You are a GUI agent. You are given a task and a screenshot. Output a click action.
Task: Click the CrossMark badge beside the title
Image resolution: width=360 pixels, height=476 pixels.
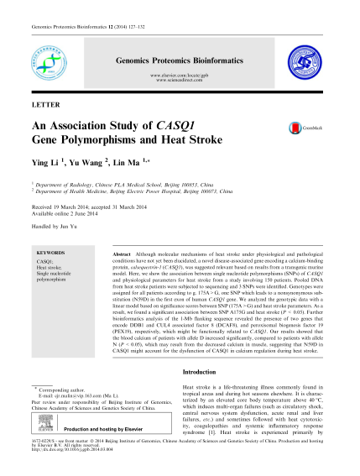[299, 128]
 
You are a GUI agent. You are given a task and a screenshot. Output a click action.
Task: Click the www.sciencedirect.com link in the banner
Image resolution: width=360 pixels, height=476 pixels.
[180, 81]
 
